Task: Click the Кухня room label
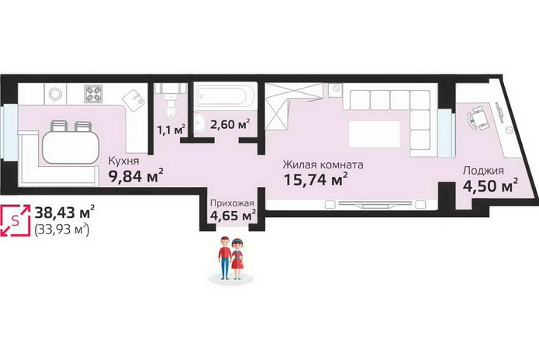[124, 161]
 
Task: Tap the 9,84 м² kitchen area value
[136, 176]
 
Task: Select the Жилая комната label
[323, 164]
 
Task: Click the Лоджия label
[483, 171]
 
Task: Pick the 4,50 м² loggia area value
[490, 185]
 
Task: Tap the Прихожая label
[232, 203]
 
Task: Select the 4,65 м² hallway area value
[233, 216]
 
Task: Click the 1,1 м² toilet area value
[171, 130]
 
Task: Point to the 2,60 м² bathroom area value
[230, 124]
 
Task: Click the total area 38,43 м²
[64, 213]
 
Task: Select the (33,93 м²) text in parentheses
[62, 229]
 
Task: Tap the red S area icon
[16, 220]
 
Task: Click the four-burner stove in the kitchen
[94, 94]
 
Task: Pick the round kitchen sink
[55, 94]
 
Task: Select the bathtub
[225, 96]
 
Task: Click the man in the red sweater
[225, 258]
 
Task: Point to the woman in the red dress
[237, 259]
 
